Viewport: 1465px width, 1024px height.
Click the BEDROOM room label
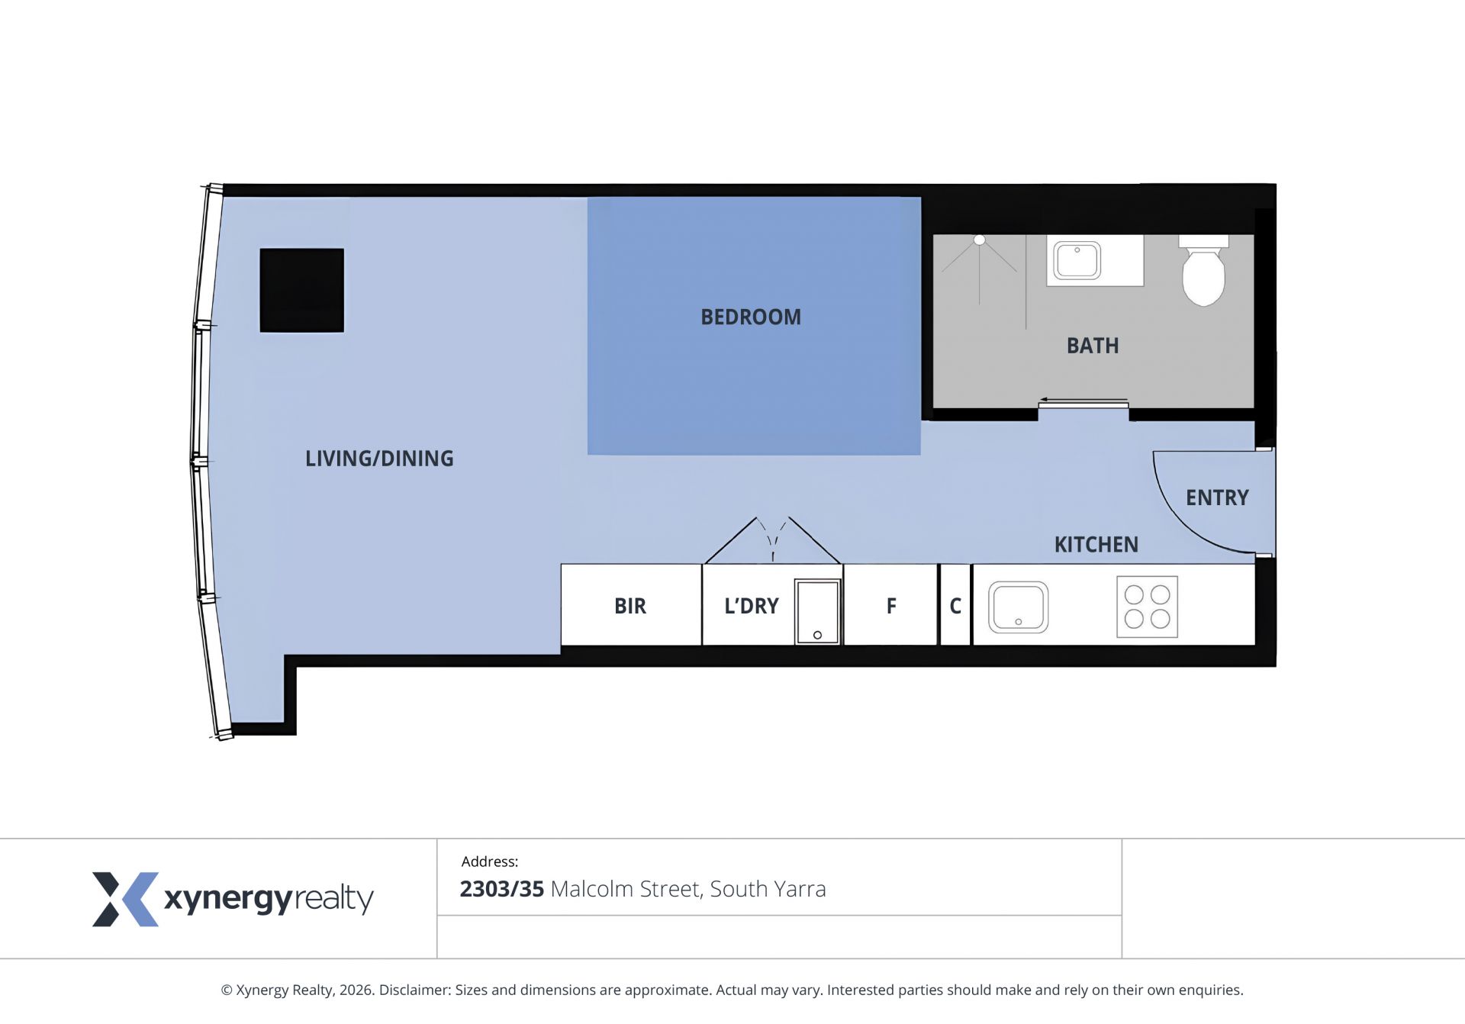pos(751,317)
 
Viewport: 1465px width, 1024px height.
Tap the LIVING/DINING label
pos(379,459)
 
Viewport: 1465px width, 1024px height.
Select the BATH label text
pos(1093,346)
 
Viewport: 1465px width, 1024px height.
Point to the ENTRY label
pos(1217,498)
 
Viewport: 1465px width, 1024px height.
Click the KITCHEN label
pos(1096,545)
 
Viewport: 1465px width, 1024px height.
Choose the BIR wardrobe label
pos(630,606)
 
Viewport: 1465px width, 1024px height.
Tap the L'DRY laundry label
pos(752,606)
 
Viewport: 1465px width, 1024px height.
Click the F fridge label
pos(891,606)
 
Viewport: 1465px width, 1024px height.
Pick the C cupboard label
pos(955,606)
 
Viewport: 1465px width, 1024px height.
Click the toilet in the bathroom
pos(1203,270)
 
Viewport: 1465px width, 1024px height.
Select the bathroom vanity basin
pos(1077,260)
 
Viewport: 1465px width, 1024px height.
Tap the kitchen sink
pos(1019,607)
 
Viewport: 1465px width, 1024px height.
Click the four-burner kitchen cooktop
pos(1147,607)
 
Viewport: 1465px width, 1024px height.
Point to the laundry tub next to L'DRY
pos(817,612)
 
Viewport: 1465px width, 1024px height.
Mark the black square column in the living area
pos(302,290)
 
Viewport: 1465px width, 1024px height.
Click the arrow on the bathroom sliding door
pos(1083,400)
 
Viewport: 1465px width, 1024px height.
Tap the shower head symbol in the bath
pos(980,240)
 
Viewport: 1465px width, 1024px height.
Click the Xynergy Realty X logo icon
pos(126,899)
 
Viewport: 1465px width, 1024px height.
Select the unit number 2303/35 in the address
pos(501,889)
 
